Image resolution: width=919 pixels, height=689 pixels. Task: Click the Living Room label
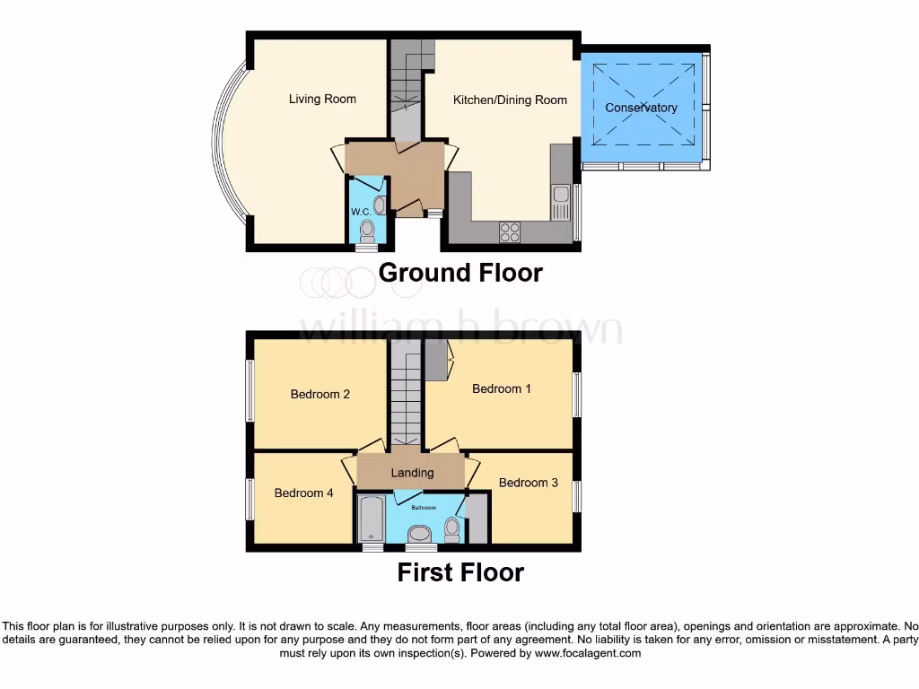click(x=322, y=99)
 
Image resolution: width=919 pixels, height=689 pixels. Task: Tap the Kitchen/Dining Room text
click(x=510, y=100)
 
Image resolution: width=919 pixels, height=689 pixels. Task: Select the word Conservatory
click(x=641, y=108)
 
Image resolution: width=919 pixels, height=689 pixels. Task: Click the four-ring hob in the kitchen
click(x=511, y=231)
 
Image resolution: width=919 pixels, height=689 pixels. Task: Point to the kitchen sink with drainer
click(x=561, y=203)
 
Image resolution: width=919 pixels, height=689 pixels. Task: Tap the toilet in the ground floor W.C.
click(x=366, y=232)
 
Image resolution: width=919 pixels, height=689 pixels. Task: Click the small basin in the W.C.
click(x=381, y=205)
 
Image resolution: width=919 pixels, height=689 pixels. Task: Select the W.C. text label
click(x=362, y=212)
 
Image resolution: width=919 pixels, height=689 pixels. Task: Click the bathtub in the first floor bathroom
click(x=370, y=522)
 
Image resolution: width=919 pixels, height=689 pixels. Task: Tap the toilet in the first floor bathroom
click(x=452, y=528)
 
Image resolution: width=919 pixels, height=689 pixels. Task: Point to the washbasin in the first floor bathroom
click(x=419, y=535)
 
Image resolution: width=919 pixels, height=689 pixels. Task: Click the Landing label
click(x=412, y=473)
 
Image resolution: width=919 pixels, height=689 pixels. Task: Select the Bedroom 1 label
click(x=502, y=388)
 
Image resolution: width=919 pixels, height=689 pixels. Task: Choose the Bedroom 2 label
click(x=319, y=394)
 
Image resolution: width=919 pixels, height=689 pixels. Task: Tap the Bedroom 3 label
click(x=528, y=483)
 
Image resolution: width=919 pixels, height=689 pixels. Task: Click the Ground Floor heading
click(x=460, y=273)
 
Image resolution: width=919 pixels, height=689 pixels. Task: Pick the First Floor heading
click(x=460, y=572)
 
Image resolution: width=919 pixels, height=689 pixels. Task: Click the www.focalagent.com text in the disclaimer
click(x=587, y=654)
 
